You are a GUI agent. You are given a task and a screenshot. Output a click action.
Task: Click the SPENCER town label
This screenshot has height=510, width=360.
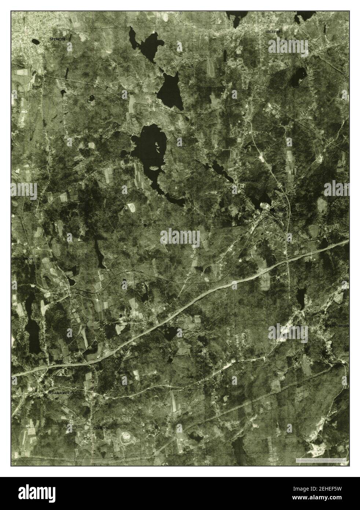(58, 39)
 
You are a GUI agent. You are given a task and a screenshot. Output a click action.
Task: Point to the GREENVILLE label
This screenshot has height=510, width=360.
(249, 181)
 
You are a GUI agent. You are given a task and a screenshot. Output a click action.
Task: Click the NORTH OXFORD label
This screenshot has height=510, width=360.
(336, 326)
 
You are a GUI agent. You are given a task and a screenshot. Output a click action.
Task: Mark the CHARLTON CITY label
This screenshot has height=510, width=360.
(61, 393)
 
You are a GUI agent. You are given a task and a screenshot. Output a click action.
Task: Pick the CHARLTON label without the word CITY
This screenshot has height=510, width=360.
(101, 428)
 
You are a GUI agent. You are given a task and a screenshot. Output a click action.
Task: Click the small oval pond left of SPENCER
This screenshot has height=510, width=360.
(36, 41)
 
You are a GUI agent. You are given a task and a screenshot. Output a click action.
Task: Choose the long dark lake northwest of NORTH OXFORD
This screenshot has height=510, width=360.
(301, 298)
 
